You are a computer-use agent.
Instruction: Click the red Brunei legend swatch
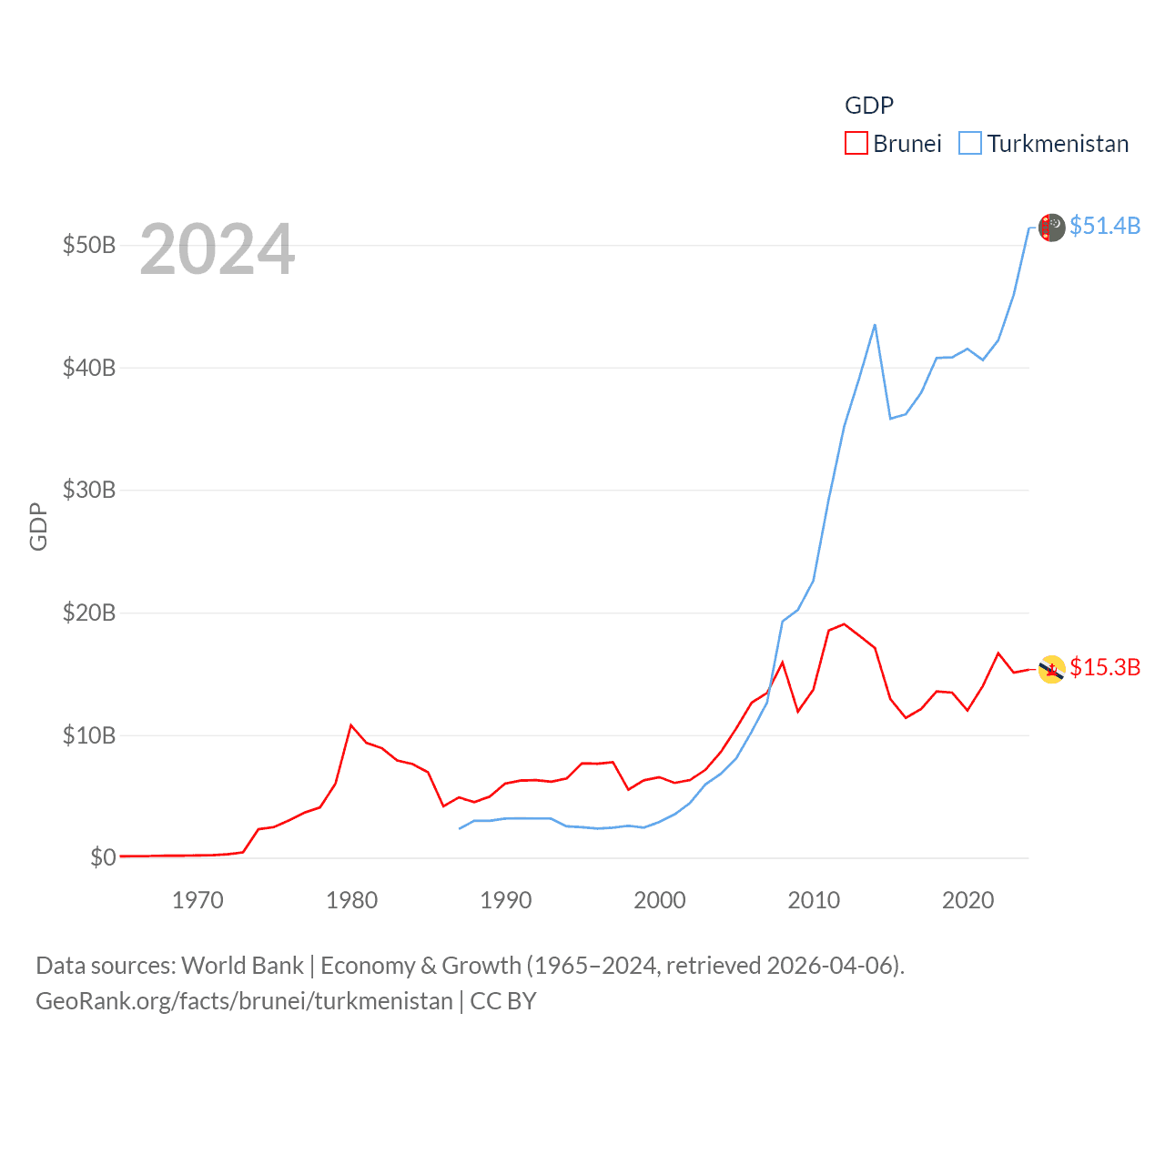pyautogui.click(x=856, y=144)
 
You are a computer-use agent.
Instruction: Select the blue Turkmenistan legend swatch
pyautogui.click(x=970, y=144)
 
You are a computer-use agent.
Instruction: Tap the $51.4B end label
pyautogui.click(x=1104, y=226)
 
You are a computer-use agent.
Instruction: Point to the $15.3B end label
pyautogui.click(x=1104, y=667)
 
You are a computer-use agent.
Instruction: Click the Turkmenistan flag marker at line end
pyautogui.click(x=1051, y=228)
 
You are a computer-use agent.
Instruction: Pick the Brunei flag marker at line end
pyautogui.click(x=1051, y=669)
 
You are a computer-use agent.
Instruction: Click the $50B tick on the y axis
pyautogui.click(x=88, y=246)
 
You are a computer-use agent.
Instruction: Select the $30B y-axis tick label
pyautogui.click(x=88, y=491)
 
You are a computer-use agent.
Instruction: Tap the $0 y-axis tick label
pyautogui.click(x=102, y=857)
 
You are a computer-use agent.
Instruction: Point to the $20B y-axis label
pyautogui.click(x=88, y=613)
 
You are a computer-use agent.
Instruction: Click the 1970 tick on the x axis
pyautogui.click(x=198, y=900)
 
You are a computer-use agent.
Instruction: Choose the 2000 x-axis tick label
pyautogui.click(x=660, y=900)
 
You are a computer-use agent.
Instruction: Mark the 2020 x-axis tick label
pyautogui.click(x=967, y=900)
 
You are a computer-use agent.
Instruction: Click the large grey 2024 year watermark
pyautogui.click(x=217, y=249)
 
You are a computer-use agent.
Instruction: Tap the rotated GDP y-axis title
pyautogui.click(x=38, y=526)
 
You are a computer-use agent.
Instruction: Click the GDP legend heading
pyautogui.click(x=868, y=106)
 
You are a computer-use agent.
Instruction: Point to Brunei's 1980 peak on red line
pyautogui.click(x=351, y=725)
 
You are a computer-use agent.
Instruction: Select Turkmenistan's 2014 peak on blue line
pyautogui.click(x=875, y=325)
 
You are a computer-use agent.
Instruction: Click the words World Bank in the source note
pyautogui.click(x=243, y=966)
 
